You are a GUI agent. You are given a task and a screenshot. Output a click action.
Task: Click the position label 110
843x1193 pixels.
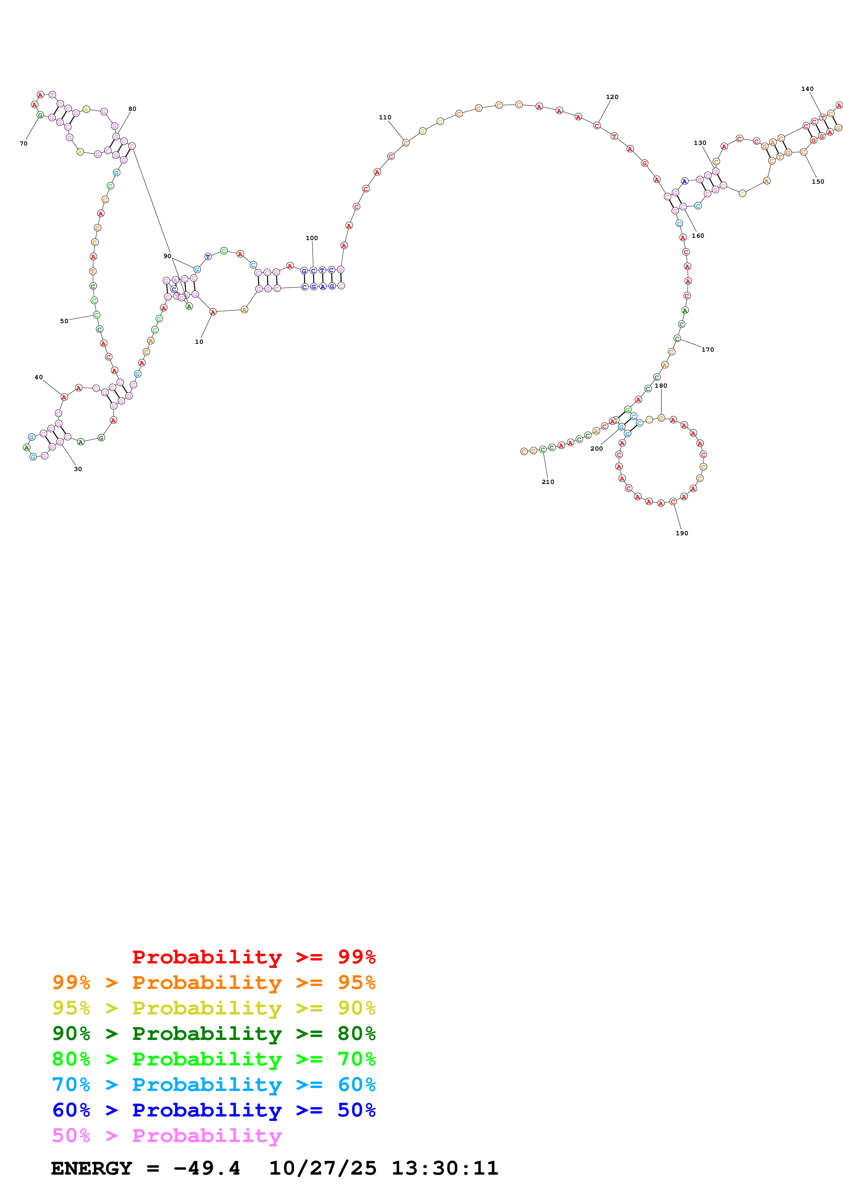click(385, 117)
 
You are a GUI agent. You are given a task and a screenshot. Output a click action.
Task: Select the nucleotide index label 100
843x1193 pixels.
click(311, 238)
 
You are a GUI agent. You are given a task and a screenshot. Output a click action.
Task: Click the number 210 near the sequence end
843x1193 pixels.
click(547, 482)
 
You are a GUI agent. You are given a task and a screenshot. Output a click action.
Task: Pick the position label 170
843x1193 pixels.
click(707, 350)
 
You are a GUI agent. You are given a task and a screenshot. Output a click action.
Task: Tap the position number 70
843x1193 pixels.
click(23, 144)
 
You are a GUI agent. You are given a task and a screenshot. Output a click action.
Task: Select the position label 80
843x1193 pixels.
click(132, 109)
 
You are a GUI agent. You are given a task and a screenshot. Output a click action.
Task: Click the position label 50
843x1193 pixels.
click(64, 321)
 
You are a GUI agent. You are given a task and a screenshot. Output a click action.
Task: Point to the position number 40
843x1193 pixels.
click(38, 377)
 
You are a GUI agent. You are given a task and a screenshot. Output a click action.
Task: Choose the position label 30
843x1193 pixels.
click(78, 469)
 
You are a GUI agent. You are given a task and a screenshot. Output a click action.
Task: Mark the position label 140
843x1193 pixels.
click(807, 89)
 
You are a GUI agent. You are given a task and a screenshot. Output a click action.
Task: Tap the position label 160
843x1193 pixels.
click(697, 236)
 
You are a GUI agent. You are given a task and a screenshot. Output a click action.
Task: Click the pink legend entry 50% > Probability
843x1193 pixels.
click(167, 1135)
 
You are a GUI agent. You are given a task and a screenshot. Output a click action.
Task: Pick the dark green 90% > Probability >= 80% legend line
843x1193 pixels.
click(214, 1034)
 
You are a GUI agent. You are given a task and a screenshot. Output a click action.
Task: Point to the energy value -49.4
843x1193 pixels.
click(207, 1168)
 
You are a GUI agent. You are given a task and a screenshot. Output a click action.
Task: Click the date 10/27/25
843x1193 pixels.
click(323, 1168)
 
